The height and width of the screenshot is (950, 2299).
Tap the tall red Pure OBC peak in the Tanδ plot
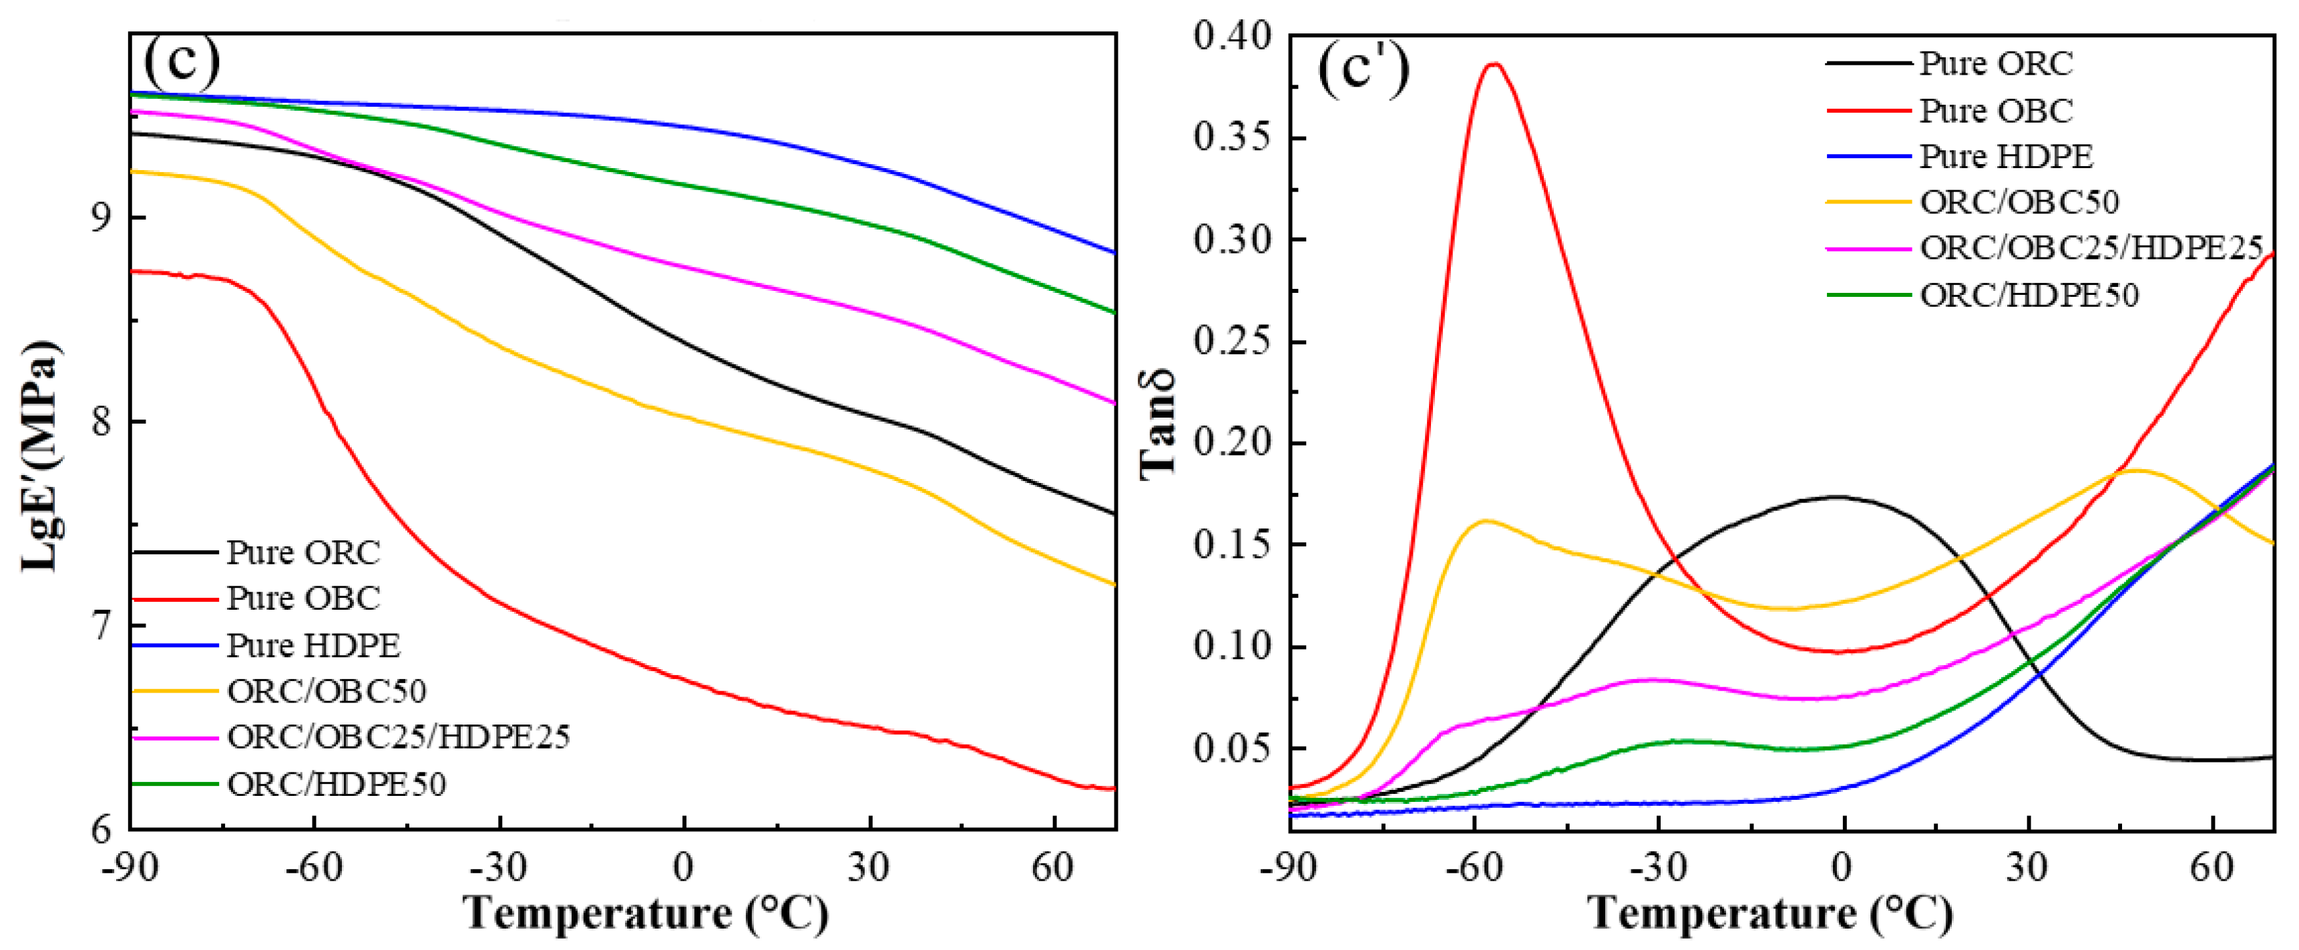click(x=1493, y=64)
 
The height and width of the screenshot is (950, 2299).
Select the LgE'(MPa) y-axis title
click(x=40, y=455)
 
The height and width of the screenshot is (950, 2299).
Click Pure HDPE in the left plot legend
click(x=313, y=645)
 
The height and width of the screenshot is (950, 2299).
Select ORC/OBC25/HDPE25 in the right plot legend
click(x=2091, y=248)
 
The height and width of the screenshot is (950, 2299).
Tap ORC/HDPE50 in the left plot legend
click(x=336, y=784)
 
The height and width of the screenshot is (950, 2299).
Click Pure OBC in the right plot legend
click(x=1996, y=111)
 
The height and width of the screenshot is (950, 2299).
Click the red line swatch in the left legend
click(x=175, y=598)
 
